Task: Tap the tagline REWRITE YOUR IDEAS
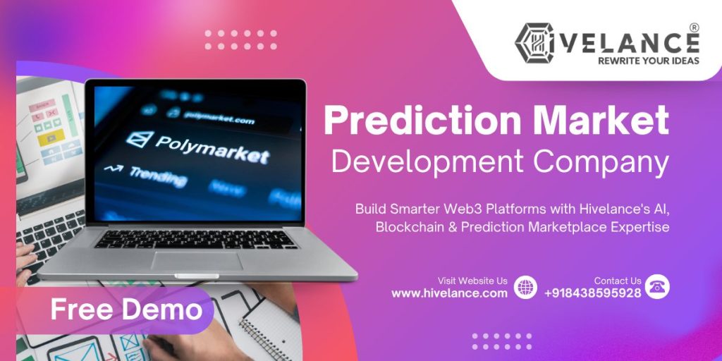638,61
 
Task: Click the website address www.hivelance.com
449,293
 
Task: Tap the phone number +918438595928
592,293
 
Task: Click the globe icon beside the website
525,287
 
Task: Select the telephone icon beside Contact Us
658,286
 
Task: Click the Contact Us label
618,281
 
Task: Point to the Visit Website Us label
472,281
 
